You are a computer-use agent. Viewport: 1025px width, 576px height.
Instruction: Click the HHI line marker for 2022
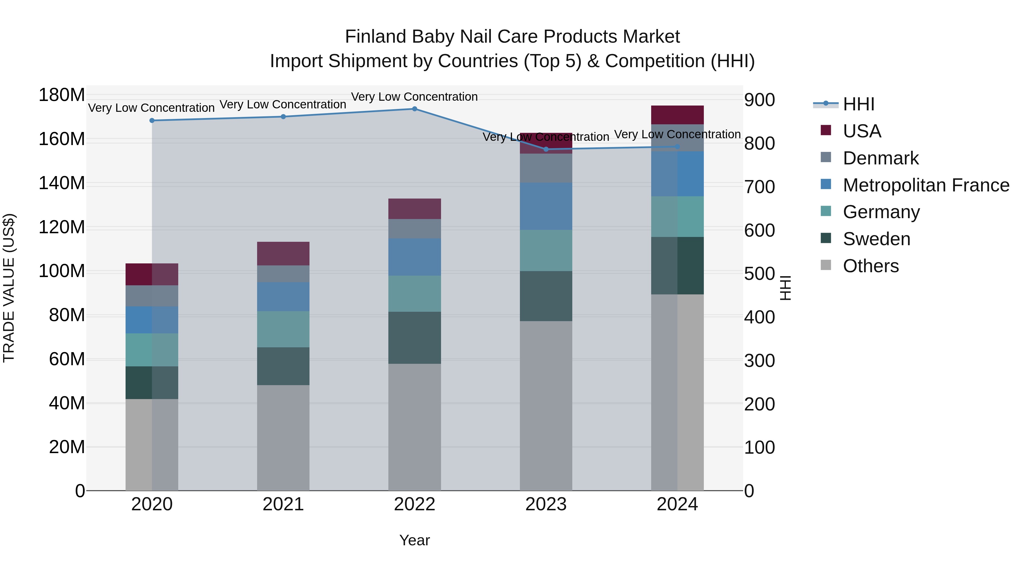414,109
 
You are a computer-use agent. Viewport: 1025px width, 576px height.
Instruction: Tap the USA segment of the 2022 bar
414,209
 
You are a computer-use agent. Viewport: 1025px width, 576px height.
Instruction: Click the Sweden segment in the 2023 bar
546,296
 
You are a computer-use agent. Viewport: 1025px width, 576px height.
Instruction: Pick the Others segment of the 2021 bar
283,437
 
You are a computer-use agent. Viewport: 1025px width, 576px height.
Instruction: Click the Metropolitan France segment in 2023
546,206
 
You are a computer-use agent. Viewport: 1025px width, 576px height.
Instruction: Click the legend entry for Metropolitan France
926,185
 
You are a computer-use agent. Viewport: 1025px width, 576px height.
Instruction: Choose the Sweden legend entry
876,239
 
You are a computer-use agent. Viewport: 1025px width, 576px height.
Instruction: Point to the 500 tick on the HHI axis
759,274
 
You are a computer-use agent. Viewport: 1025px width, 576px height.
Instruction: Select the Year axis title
414,540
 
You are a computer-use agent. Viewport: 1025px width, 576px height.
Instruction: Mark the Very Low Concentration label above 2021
283,105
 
